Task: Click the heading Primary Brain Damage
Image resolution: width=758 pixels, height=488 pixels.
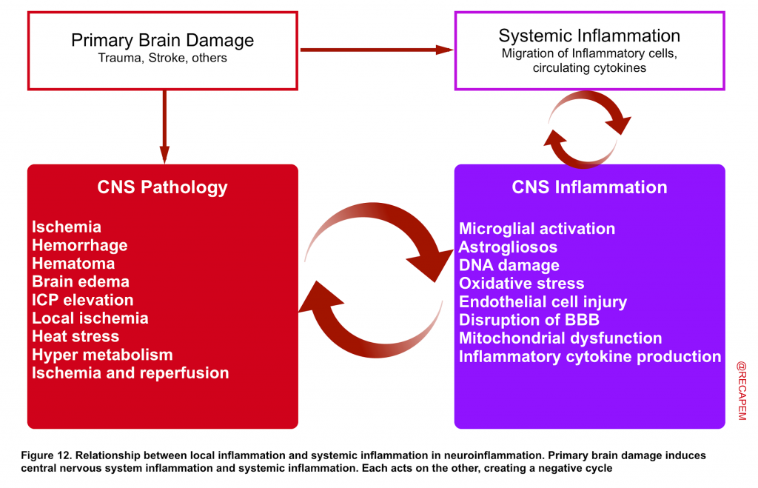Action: click(x=162, y=41)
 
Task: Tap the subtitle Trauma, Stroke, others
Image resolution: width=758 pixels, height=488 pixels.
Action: click(x=162, y=58)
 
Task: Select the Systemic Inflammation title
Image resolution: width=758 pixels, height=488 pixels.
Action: click(x=589, y=36)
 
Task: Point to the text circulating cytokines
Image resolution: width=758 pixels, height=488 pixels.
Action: click(x=589, y=67)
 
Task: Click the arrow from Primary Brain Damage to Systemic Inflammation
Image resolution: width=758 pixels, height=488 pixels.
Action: click(x=377, y=50)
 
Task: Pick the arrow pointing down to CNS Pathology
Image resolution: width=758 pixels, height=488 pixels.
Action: click(x=164, y=127)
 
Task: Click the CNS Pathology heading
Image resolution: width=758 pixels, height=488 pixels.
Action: click(x=162, y=187)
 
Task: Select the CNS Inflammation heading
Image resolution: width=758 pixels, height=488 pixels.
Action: click(x=589, y=187)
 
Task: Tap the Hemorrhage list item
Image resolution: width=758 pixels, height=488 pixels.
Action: click(x=80, y=246)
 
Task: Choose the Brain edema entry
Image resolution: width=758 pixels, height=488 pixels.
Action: click(x=81, y=281)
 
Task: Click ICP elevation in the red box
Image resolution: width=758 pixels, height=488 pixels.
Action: click(x=83, y=300)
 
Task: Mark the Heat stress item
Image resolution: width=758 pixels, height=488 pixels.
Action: click(x=76, y=336)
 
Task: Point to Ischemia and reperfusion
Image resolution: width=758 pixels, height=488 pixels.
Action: click(x=130, y=373)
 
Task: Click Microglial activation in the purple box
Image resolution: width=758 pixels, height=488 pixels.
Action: click(x=537, y=229)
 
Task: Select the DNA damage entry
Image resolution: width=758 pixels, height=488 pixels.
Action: click(x=509, y=266)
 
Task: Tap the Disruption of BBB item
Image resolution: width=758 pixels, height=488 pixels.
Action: click(x=529, y=320)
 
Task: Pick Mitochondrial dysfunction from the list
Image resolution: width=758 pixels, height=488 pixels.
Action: click(x=560, y=338)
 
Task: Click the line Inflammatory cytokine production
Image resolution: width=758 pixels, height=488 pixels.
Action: click(x=590, y=356)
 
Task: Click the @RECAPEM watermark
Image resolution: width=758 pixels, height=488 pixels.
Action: click(x=742, y=391)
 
